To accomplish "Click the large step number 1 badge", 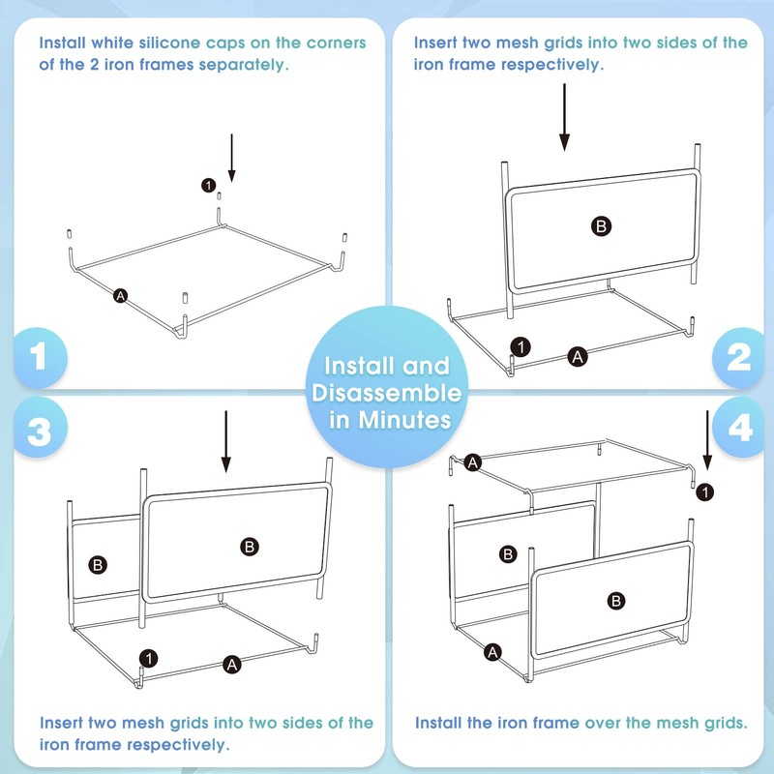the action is [x=40, y=357].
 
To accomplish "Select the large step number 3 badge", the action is [x=40, y=429].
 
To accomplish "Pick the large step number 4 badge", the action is [x=739, y=428].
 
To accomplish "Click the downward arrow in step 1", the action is [x=231, y=158].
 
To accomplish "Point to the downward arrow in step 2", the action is [x=564, y=117].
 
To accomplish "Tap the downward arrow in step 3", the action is [x=226, y=442].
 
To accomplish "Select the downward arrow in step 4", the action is [x=707, y=440].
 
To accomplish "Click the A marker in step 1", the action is [x=120, y=296].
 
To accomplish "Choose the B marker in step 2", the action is [x=601, y=226].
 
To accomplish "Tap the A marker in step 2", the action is [x=578, y=356].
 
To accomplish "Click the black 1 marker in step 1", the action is [x=208, y=185].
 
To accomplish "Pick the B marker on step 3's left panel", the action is [x=98, y=565].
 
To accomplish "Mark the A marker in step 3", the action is [x=232, y=665].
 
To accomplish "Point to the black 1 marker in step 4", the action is [x=705, y=492].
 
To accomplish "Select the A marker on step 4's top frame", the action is [x=473, y=462].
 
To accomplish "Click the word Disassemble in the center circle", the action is [x=386, y=394].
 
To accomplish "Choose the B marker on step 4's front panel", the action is [x=616, y=601].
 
